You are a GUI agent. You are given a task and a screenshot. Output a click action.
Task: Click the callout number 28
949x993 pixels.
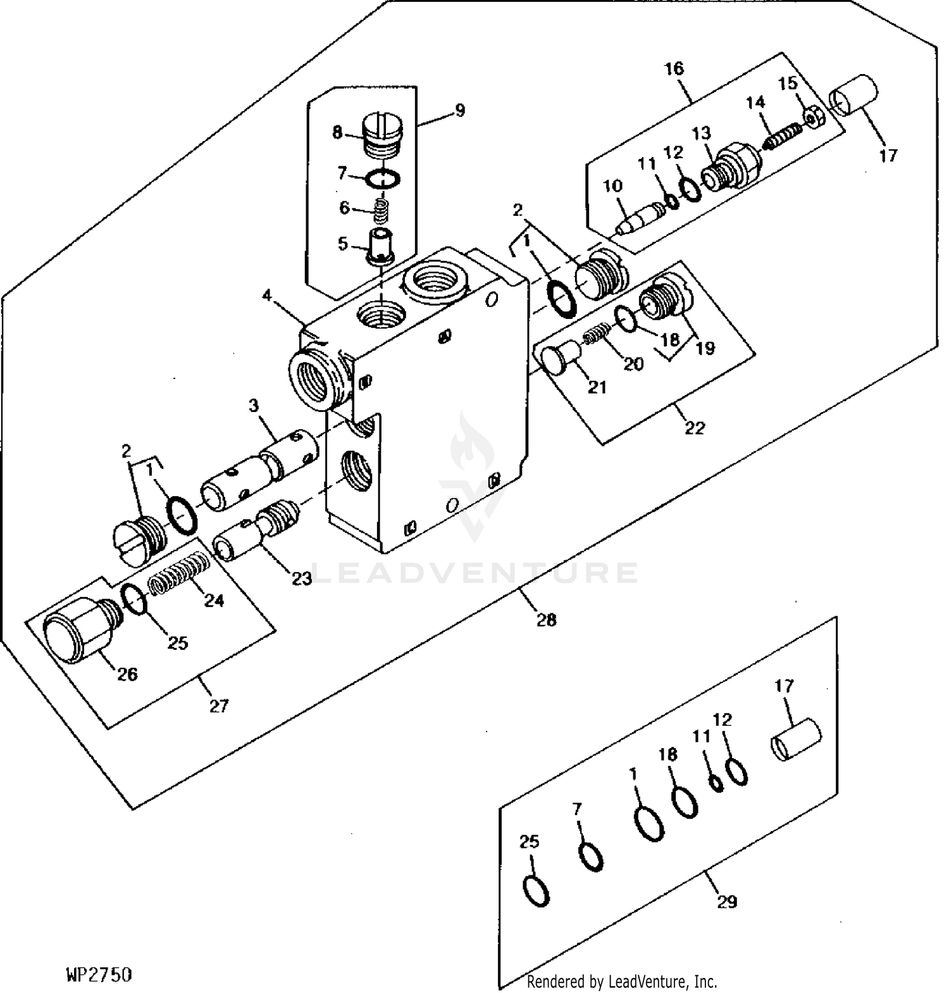pyautogui.click(x=546, y=620)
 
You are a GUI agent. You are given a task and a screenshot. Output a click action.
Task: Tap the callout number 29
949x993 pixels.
pyautogui.click(x=727, y=901)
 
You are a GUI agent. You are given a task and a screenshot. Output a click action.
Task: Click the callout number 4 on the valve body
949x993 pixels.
pyautogui.click(x=267, y=295)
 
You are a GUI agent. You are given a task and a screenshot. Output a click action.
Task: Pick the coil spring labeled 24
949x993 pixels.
pyautogui.click(x=179, y=571)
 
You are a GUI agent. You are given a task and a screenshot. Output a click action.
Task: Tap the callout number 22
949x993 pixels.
pyautogui.click(x=694, y=428)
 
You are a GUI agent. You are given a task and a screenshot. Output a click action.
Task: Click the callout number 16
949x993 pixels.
pyautogui.click(x=674, y=68)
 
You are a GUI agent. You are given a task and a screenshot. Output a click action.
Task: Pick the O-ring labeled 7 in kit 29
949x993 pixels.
pyautogui.click(x=591, y=857)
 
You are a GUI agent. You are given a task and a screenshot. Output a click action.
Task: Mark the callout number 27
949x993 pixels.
pyautogui.click(x=218, y=706)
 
